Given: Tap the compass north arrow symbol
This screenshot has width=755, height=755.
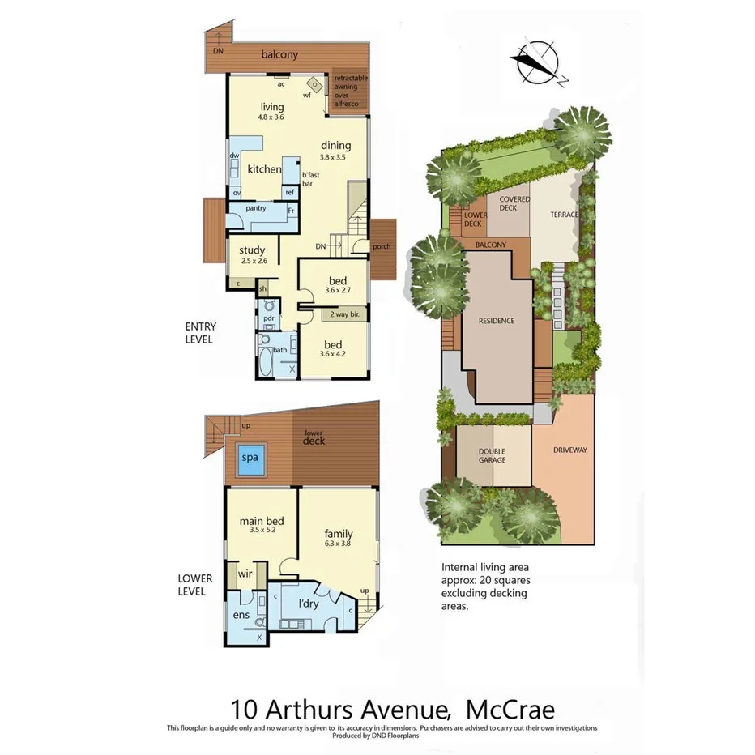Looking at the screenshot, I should coord(535,63).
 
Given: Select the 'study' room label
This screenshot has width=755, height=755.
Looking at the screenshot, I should coord(252,250).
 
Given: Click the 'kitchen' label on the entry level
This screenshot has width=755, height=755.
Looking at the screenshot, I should coord(264,169).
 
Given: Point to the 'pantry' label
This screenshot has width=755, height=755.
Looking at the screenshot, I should coord(256,208).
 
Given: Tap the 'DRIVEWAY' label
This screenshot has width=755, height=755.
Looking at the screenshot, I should coord(570,450).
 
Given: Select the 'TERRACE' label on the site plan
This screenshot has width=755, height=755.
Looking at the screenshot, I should coord(565,215).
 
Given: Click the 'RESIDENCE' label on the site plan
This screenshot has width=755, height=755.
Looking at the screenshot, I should coord(496,321).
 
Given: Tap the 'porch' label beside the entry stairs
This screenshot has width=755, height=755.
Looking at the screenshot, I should coord(382,246).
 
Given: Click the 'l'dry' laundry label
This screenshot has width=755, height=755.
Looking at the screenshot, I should coord(309,604).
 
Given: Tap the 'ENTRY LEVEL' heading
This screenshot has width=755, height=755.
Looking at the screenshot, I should coord(198,332).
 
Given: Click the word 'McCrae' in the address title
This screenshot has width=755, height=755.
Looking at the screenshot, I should coord(510,710).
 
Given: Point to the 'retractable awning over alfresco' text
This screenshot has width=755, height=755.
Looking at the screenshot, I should coord(351,91).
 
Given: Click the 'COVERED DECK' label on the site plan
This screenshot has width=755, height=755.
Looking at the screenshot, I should coord(514,203).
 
